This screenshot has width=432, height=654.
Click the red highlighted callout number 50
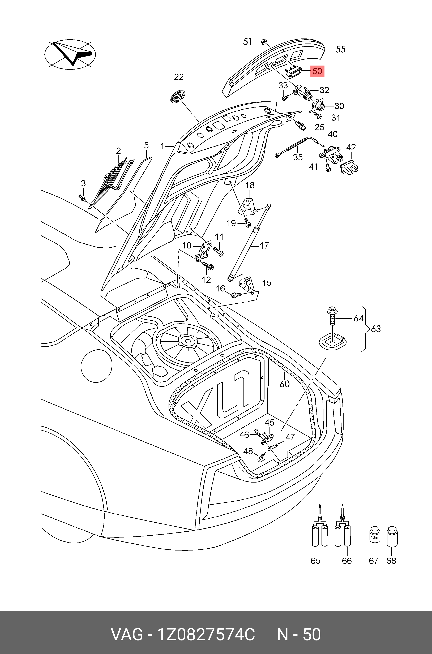[317, 71]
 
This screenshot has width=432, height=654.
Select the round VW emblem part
[177, 97]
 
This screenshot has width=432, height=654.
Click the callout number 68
[391, 561]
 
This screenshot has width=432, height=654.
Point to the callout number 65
[315, 561]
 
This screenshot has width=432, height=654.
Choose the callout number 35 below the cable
[298, 157]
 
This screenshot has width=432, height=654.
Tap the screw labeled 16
[237, 295]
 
